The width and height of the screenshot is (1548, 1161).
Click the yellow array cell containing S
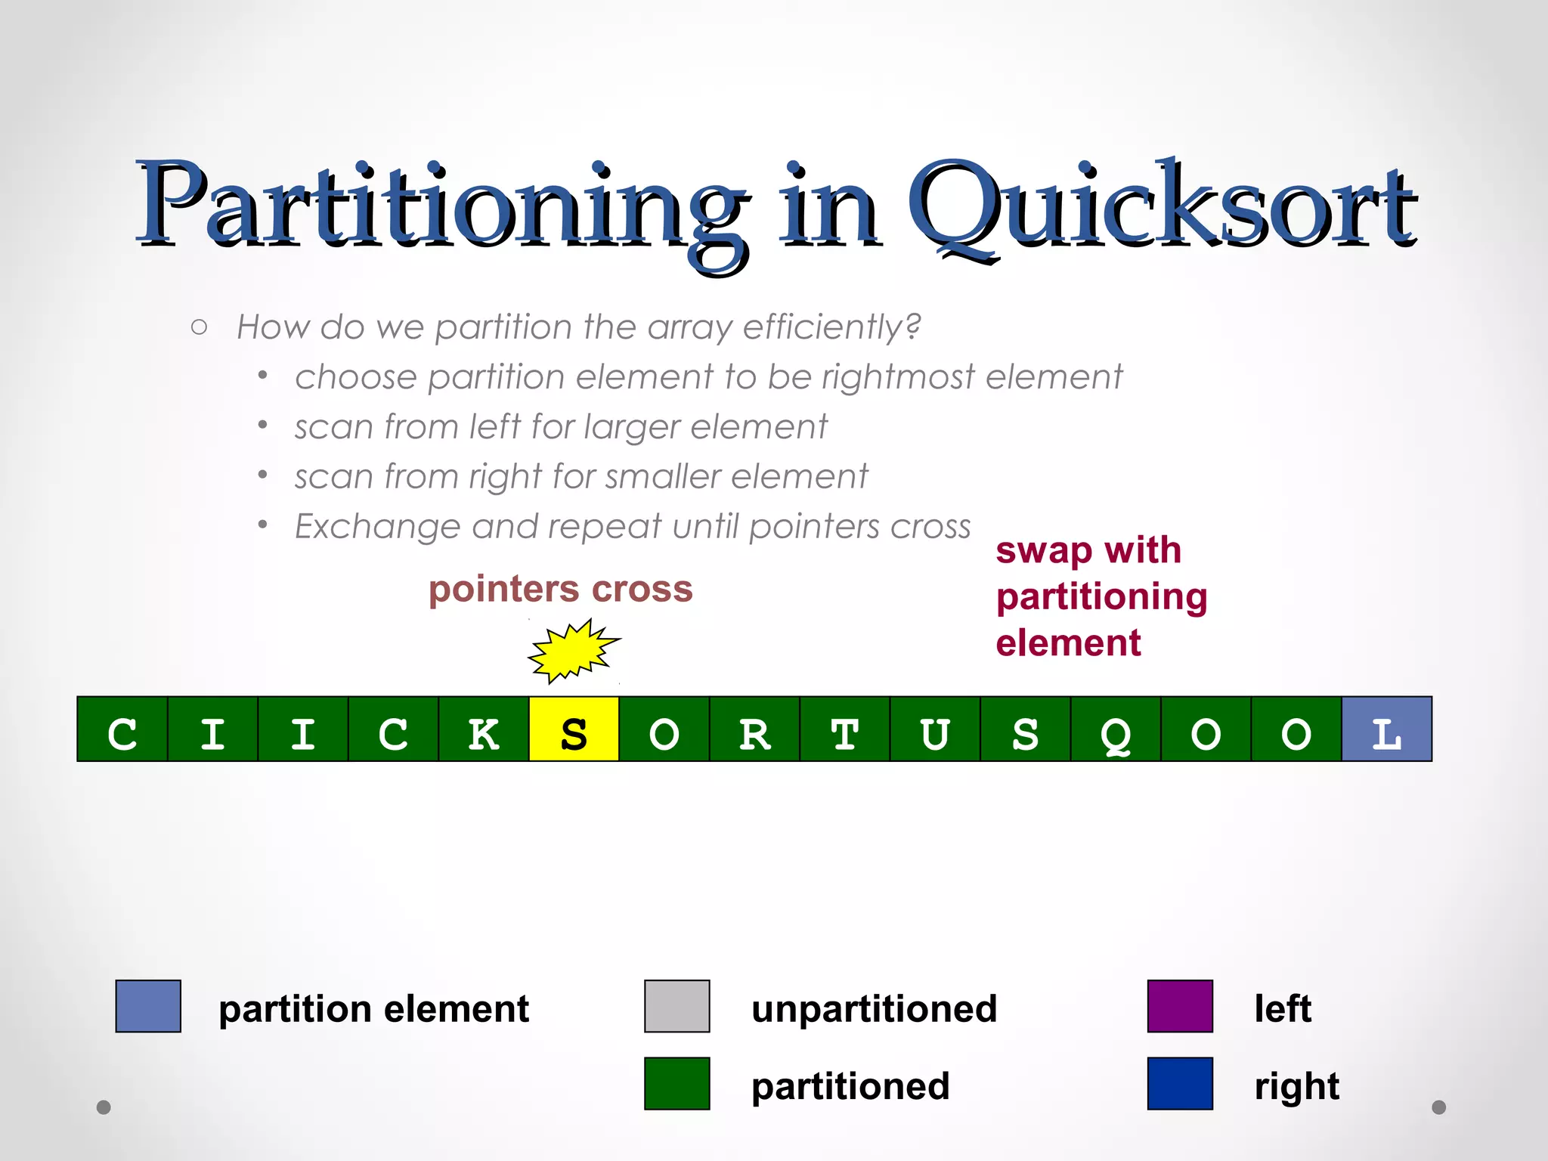pos(574,729)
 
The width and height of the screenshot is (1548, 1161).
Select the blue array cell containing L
pos(1386,729)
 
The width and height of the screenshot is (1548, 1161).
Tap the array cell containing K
pos(484,729)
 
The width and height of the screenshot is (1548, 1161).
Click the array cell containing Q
pos(1116,729)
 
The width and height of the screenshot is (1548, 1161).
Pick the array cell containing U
pos(935,729)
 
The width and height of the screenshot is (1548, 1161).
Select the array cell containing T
pos(845,729)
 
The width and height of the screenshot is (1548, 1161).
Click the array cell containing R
pos(754,729)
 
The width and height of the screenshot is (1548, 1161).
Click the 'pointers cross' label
pos(560,589)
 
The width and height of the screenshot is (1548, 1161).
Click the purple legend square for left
pos(1180,1006)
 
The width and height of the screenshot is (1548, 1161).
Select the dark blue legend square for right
pos(1180,1083)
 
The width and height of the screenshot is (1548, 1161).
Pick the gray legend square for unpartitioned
pos(676,1006)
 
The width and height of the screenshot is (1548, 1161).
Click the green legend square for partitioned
pos(676,1083)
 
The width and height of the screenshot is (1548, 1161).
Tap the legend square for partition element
pos(148,1006)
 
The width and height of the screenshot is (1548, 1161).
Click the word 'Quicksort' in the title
pos(1160,208)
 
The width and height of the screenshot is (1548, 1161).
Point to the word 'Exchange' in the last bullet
pos(376,526)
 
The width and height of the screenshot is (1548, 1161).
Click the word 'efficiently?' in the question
pos(831,327)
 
